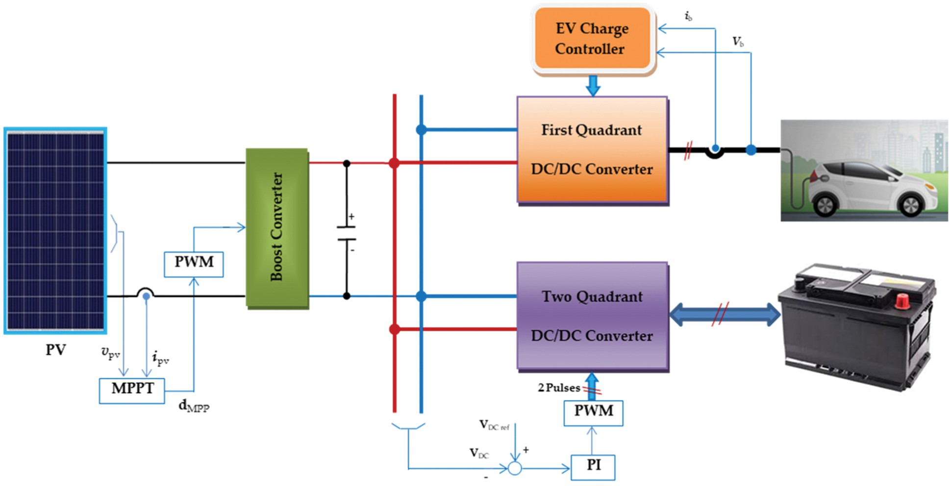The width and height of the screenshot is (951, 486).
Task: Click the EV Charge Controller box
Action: click(592, 39)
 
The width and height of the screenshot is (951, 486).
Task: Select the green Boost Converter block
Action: click(277, 228)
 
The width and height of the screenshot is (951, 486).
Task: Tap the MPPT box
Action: click(132, 390)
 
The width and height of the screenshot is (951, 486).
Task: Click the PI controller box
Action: click(593, 466)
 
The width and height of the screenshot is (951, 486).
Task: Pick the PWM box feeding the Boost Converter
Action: click(194, 264)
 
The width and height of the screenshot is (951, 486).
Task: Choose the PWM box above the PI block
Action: click(593, 413)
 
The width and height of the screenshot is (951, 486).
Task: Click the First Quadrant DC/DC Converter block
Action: click(592, 149)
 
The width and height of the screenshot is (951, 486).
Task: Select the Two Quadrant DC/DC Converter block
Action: click(592, 316)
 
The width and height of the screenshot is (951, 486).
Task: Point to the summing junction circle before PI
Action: click(514, 468)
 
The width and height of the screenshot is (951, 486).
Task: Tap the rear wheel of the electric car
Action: click(825, 204)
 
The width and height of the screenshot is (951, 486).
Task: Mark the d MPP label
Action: click(194, 406)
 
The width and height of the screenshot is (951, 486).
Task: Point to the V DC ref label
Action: click(494, 425)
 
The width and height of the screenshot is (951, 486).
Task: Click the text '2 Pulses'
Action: click(559, 388)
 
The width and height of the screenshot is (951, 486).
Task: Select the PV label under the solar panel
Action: click(55, 350)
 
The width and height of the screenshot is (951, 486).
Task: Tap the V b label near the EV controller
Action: click(738, 42)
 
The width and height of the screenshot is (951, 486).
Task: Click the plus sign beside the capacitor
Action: click(351, 217)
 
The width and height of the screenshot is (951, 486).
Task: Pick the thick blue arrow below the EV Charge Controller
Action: click(593, 86)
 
